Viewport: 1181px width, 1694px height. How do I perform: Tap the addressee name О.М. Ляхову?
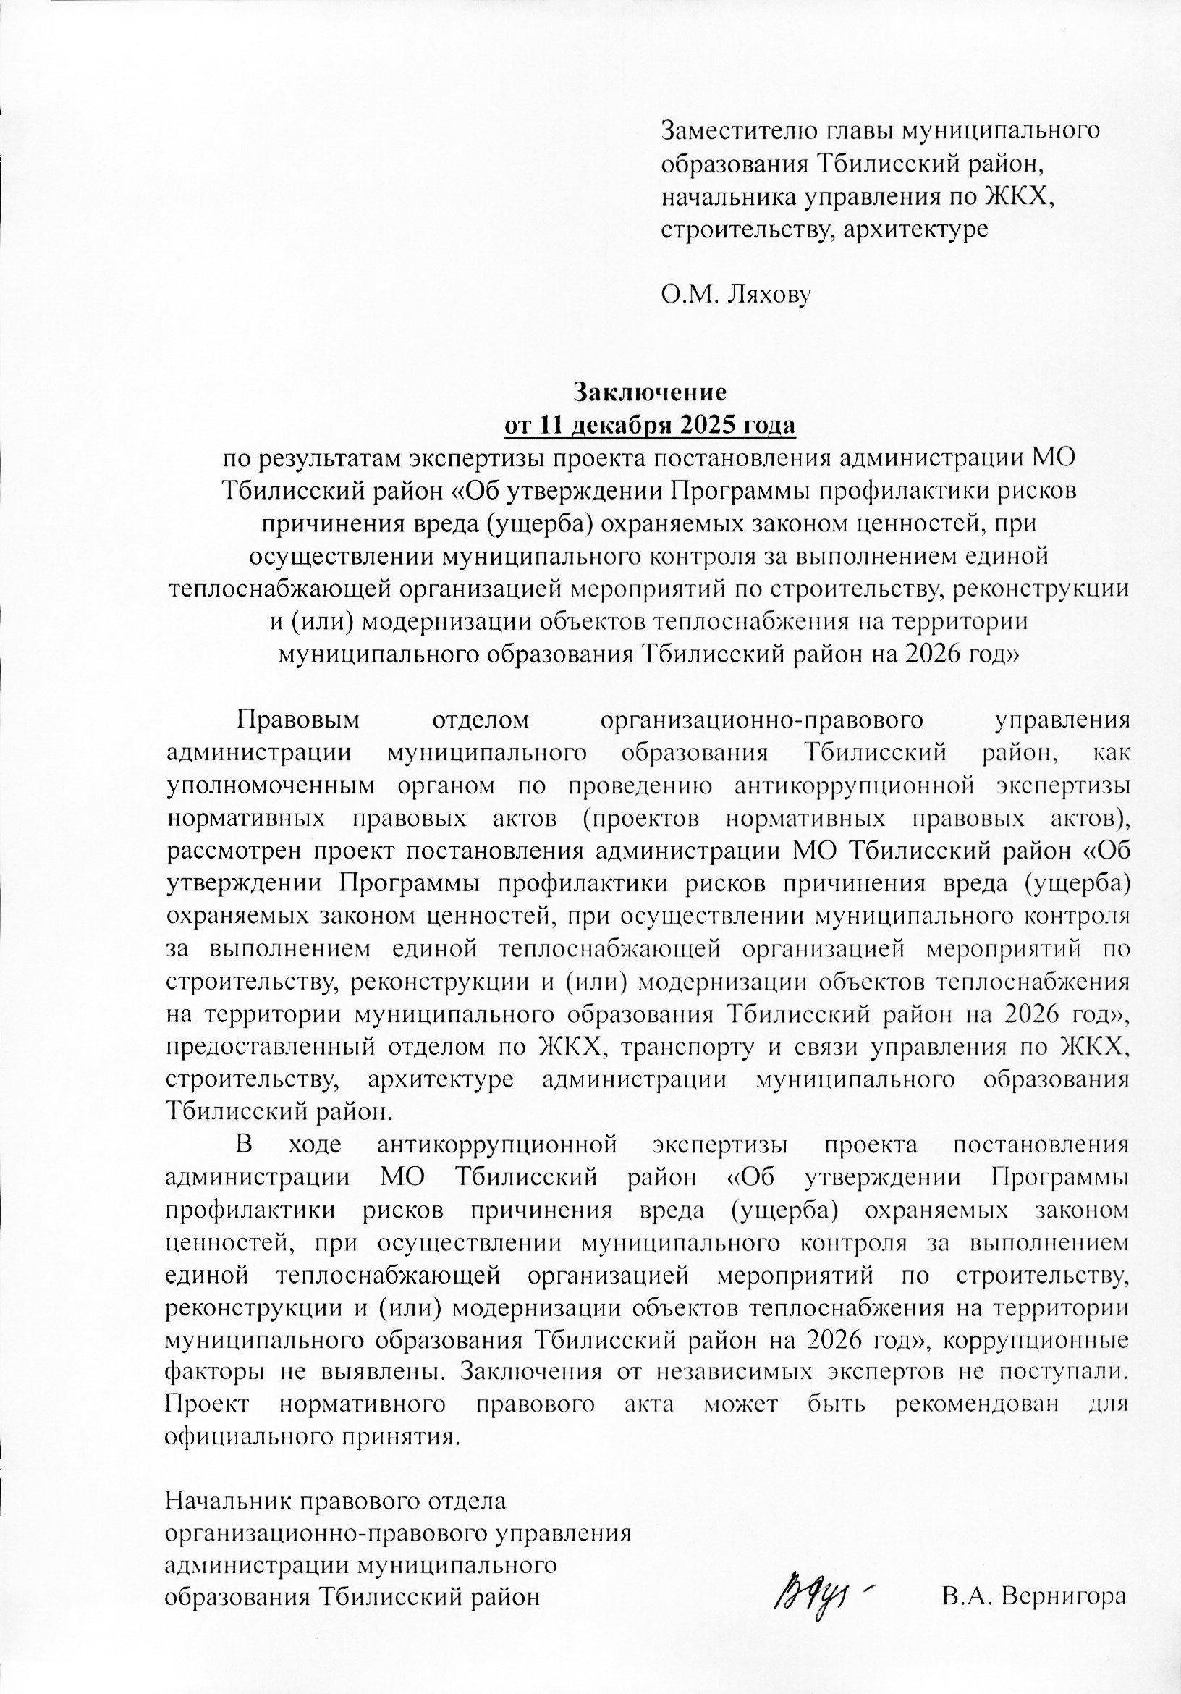pyautogui.click(x=735, y=296)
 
